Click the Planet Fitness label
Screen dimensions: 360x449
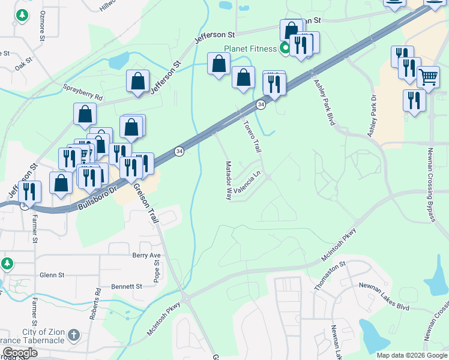[x=249, y=49]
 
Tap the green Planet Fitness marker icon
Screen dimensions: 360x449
[x=285, y=49]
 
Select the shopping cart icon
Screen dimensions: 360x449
[x=428, y=76]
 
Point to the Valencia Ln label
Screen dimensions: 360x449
[x=249, y=184]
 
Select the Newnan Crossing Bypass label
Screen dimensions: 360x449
[x=431, y=184]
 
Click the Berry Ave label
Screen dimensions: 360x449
[x=147, y=255]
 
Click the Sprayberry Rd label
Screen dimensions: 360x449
[x=83, y=92]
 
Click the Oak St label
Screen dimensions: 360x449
[x=23, y=63]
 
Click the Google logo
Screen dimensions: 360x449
[x=20, y=353]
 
